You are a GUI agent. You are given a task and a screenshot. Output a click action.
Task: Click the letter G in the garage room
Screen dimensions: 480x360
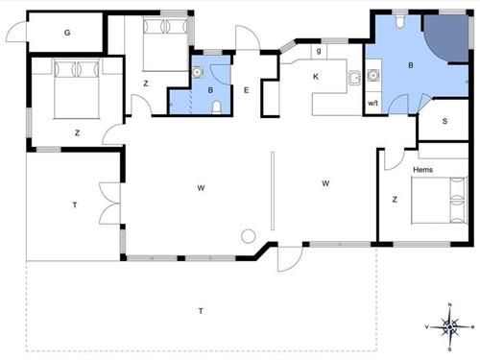click(x=67, y=33)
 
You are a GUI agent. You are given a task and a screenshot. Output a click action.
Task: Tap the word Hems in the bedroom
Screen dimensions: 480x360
click(x=422, y=170)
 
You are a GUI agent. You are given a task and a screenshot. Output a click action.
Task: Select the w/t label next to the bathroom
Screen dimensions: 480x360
click(x=372, y=103)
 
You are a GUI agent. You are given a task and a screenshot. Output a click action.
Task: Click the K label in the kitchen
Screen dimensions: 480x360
click(x=316, y=77)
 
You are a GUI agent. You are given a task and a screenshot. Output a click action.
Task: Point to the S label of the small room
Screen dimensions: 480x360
click(x=444, y=121)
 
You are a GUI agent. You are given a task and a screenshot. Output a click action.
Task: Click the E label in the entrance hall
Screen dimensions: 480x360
click(x=246, y=90)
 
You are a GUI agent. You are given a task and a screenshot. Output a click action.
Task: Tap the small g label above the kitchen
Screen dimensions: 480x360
click(x=319, y=51)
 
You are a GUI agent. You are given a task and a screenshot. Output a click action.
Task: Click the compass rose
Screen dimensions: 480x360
click(x=449, y=326)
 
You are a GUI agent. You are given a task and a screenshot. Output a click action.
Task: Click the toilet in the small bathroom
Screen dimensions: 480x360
click(x=217, y=108)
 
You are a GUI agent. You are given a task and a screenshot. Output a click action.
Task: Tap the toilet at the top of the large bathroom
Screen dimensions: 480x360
click(x=399, y=21)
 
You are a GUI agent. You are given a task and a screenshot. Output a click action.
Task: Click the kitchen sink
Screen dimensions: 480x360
click(x=354, y=78)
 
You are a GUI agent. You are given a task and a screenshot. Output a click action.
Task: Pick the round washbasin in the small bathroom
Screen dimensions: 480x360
click(x=198, y=72)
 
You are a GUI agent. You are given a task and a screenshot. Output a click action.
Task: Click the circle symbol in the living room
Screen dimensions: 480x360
click(x=248, y=237)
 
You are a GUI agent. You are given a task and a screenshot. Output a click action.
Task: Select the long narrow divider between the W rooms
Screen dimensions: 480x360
click(x=273, y=191)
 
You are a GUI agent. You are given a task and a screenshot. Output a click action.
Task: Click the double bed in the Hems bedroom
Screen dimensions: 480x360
click(x=439, y=201)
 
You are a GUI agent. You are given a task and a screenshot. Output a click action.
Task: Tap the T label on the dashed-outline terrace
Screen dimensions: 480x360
click(x=201, y=311)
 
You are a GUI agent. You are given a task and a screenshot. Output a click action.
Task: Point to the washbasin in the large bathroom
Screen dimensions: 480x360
click(x=372, y=75)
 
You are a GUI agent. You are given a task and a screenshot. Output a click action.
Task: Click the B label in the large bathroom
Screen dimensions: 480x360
click(x=411, y=65)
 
